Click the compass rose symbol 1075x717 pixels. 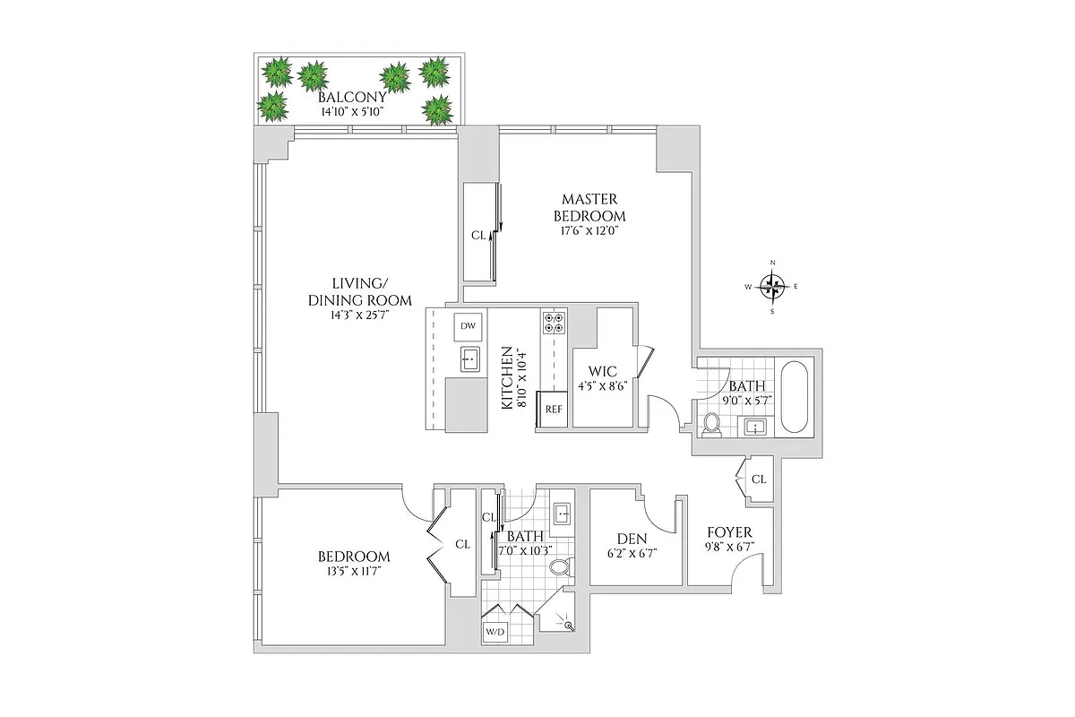point(773,287)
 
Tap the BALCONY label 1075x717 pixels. point(352,98)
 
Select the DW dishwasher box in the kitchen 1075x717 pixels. point(468,326)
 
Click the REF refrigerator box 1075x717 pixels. point(553,410)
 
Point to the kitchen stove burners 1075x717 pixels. point(553,323)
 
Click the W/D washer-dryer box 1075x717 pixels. point(494,632)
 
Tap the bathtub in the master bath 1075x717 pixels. point(795,395)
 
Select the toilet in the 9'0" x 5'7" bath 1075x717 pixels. point(713,424)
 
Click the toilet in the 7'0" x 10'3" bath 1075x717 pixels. point(559,566)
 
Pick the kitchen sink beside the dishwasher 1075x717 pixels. point(468,360)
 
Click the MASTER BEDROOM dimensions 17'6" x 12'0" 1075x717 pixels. point(588,230)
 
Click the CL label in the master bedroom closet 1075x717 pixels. point(477,236)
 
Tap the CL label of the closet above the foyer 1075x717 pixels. point(758,479)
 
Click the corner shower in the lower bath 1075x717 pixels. point(564,621)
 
